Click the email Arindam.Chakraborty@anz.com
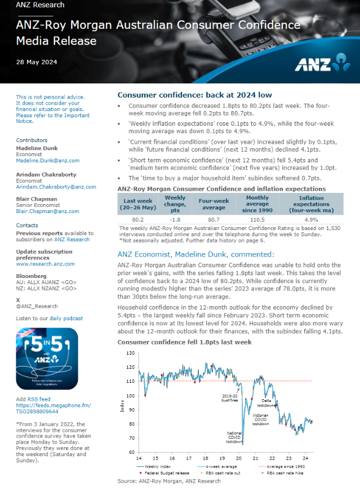click(56, 187)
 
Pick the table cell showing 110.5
click(257, 219)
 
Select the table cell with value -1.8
click(175, 219)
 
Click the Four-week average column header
click(213, 204)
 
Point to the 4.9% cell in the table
click(311, 219)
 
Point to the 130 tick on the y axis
click(131, 353)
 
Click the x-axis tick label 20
click(239, 458)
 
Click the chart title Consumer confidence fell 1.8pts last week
click(184, 342)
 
